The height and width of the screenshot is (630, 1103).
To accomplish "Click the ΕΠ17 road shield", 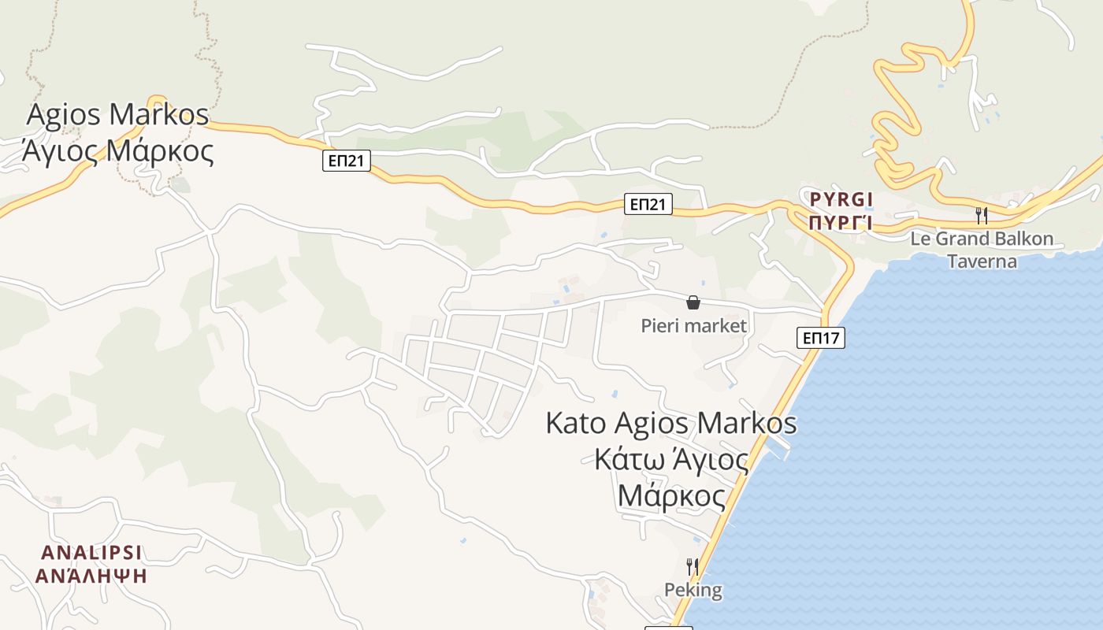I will click(820, 338).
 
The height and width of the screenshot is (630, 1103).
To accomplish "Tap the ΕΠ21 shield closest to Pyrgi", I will click(648, 205).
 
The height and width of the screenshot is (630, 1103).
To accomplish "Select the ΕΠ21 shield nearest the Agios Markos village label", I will click(347, 161).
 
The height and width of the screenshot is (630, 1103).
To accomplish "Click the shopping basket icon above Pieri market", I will click(693, 302).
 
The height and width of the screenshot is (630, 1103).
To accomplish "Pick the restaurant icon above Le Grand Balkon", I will click(982, 215).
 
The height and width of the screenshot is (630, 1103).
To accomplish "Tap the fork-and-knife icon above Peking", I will click(693, 566).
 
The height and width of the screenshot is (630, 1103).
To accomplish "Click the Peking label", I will click(693, 590).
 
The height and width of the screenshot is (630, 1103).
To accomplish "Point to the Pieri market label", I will click(693, 325).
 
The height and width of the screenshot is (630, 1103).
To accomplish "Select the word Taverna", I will click(982, 261).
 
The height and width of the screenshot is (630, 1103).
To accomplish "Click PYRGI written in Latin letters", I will click(841, 200).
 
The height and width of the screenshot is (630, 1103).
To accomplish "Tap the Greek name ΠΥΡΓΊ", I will click(841, 221).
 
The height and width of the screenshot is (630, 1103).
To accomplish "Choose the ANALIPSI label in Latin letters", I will click(92, 551).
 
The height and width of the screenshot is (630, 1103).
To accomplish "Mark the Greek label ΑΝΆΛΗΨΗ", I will click(92, 575).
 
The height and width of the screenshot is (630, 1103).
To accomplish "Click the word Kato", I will click(576, 423).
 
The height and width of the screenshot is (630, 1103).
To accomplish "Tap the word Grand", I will click(961, 239).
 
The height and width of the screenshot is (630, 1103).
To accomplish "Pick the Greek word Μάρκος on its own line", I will click(672, 496).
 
